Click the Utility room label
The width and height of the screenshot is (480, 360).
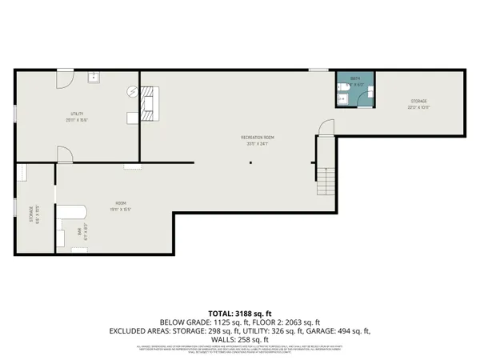(x=78, y=114)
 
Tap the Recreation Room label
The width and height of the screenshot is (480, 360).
(x=258, y=138)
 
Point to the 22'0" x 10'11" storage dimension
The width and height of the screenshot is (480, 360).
(x=420, y=108)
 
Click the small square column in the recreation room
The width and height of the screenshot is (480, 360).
(x=250, y=164)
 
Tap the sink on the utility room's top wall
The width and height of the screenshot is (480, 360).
(x=94, y=78)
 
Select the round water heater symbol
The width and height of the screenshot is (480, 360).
(x=133, y=92)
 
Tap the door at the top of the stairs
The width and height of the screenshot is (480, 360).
(x=326, y=129)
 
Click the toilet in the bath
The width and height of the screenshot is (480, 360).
(x=342, y=100)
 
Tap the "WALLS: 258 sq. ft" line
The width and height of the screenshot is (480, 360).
(x=240, y=338)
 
